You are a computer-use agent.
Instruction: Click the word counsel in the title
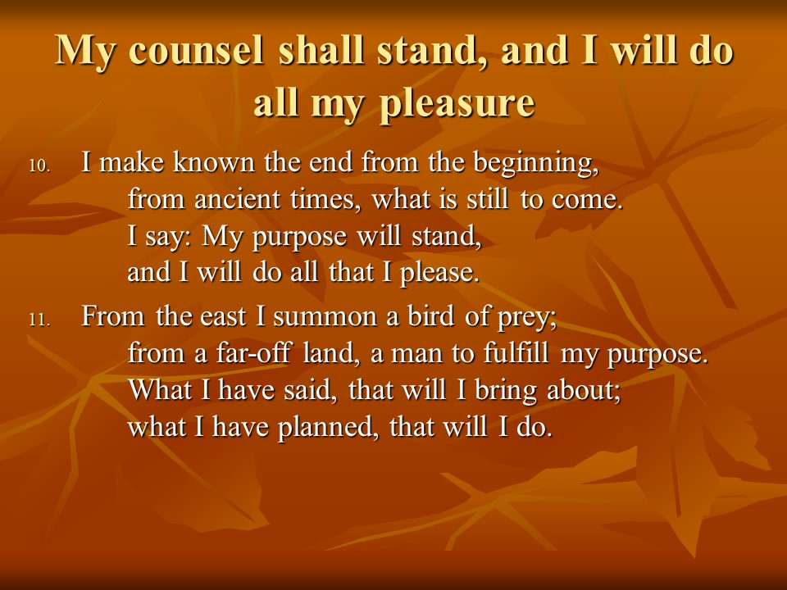click(196, 51)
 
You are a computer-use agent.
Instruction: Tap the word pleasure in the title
click(457, 103)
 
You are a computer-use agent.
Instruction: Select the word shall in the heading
click(321, 50)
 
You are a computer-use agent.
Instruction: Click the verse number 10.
click(40, 166)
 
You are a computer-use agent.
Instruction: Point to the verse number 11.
click(40, 320)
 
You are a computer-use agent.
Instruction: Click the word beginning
click(536, 164)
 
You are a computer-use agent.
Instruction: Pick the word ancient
click(237, 198)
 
